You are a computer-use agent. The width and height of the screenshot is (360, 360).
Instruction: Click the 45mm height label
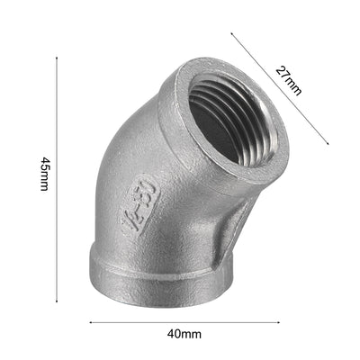click(x=44, y=180)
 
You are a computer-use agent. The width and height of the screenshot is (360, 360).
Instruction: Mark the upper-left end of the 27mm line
click(x=232, y=34)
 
